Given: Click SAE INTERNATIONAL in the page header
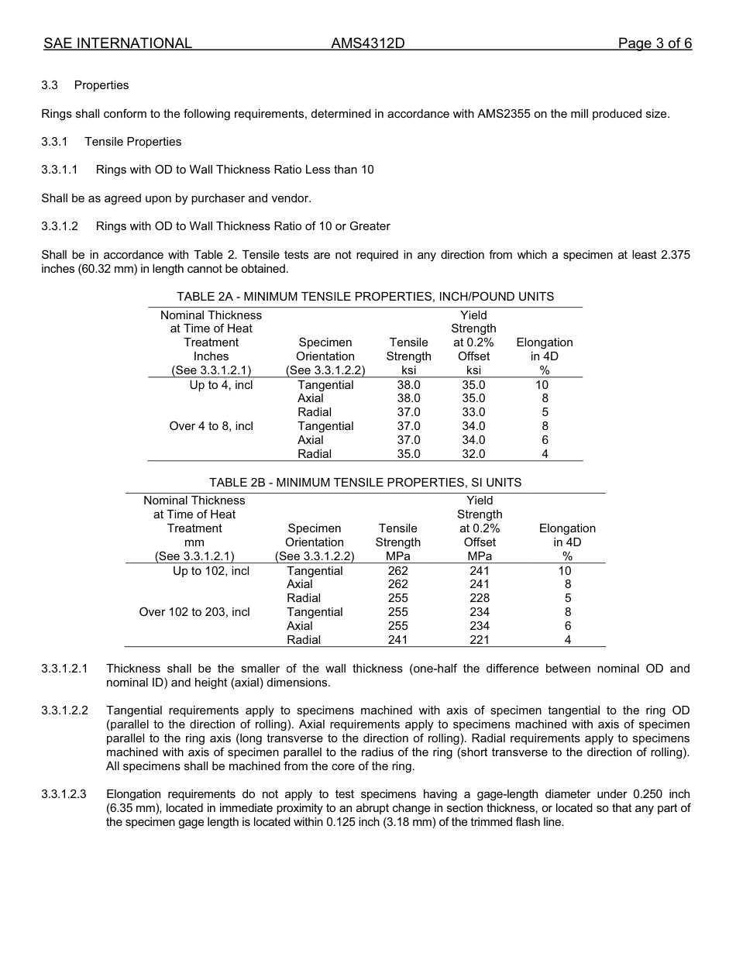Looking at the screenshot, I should click(x=118, y=43).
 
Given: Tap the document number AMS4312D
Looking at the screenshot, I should click(x=367, y=43).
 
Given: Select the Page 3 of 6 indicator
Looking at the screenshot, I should click(x=655, y=43).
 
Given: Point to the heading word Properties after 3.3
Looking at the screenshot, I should click(x=101, y=85).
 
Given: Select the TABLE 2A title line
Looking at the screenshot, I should click(x=365, y=297).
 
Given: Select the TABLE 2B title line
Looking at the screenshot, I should click(x=365, y=483).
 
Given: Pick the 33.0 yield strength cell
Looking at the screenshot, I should click(x=473, y=412).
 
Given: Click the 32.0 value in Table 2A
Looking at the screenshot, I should click(x=473, y=454).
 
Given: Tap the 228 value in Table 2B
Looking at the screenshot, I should click(x=480, y=598).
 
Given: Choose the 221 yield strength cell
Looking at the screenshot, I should click(x=480, y=640).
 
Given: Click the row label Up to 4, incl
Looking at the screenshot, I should click(x=221, y=385).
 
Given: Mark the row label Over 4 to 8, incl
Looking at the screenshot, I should click(x=211, y=426).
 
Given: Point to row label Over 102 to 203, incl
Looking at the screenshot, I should click(x=194, y=612).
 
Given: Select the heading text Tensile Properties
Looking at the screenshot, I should click(x=132, y=142).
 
